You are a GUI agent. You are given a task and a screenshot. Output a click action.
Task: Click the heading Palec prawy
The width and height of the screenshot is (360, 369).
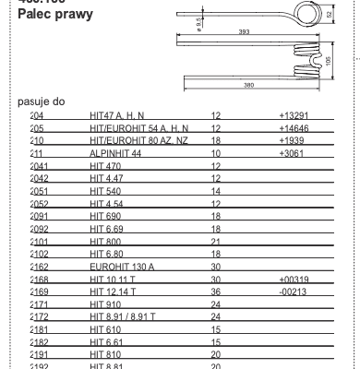[x=56, y=17]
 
